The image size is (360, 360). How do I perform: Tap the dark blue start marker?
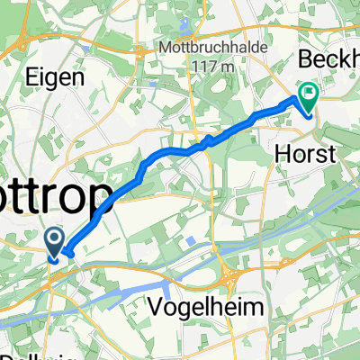tap(54, 240)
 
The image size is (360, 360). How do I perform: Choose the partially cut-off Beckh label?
tap(328, 64)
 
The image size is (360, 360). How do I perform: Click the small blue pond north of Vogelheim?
tap(191, 239)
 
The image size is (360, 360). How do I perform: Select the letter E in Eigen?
tap(38, 78)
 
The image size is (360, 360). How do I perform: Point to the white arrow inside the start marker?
tap(54, 238)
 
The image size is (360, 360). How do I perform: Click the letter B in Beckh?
tap(303, 64)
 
